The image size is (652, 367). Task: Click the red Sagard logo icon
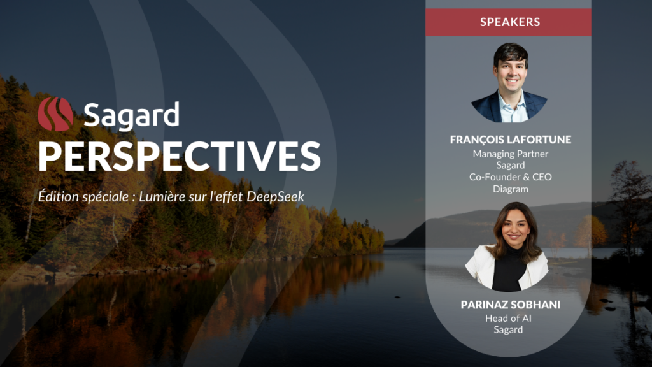[55, 115]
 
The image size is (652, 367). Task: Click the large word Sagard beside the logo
[132, 115]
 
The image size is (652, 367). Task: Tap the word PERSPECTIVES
[180, 156]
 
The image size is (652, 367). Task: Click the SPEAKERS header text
[510, 22]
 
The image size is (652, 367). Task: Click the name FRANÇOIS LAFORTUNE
[510, 140]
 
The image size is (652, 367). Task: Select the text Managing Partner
[510, 154]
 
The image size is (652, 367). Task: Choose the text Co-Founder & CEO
[510, 177]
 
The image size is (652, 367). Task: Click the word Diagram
[510, 189]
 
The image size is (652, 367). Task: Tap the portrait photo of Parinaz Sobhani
[507, 247]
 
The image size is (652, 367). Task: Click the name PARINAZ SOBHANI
[510, 305]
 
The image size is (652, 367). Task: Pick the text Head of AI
[508, 319]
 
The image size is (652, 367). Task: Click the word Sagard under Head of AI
[508, 330]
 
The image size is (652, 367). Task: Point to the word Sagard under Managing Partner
[510, 166]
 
